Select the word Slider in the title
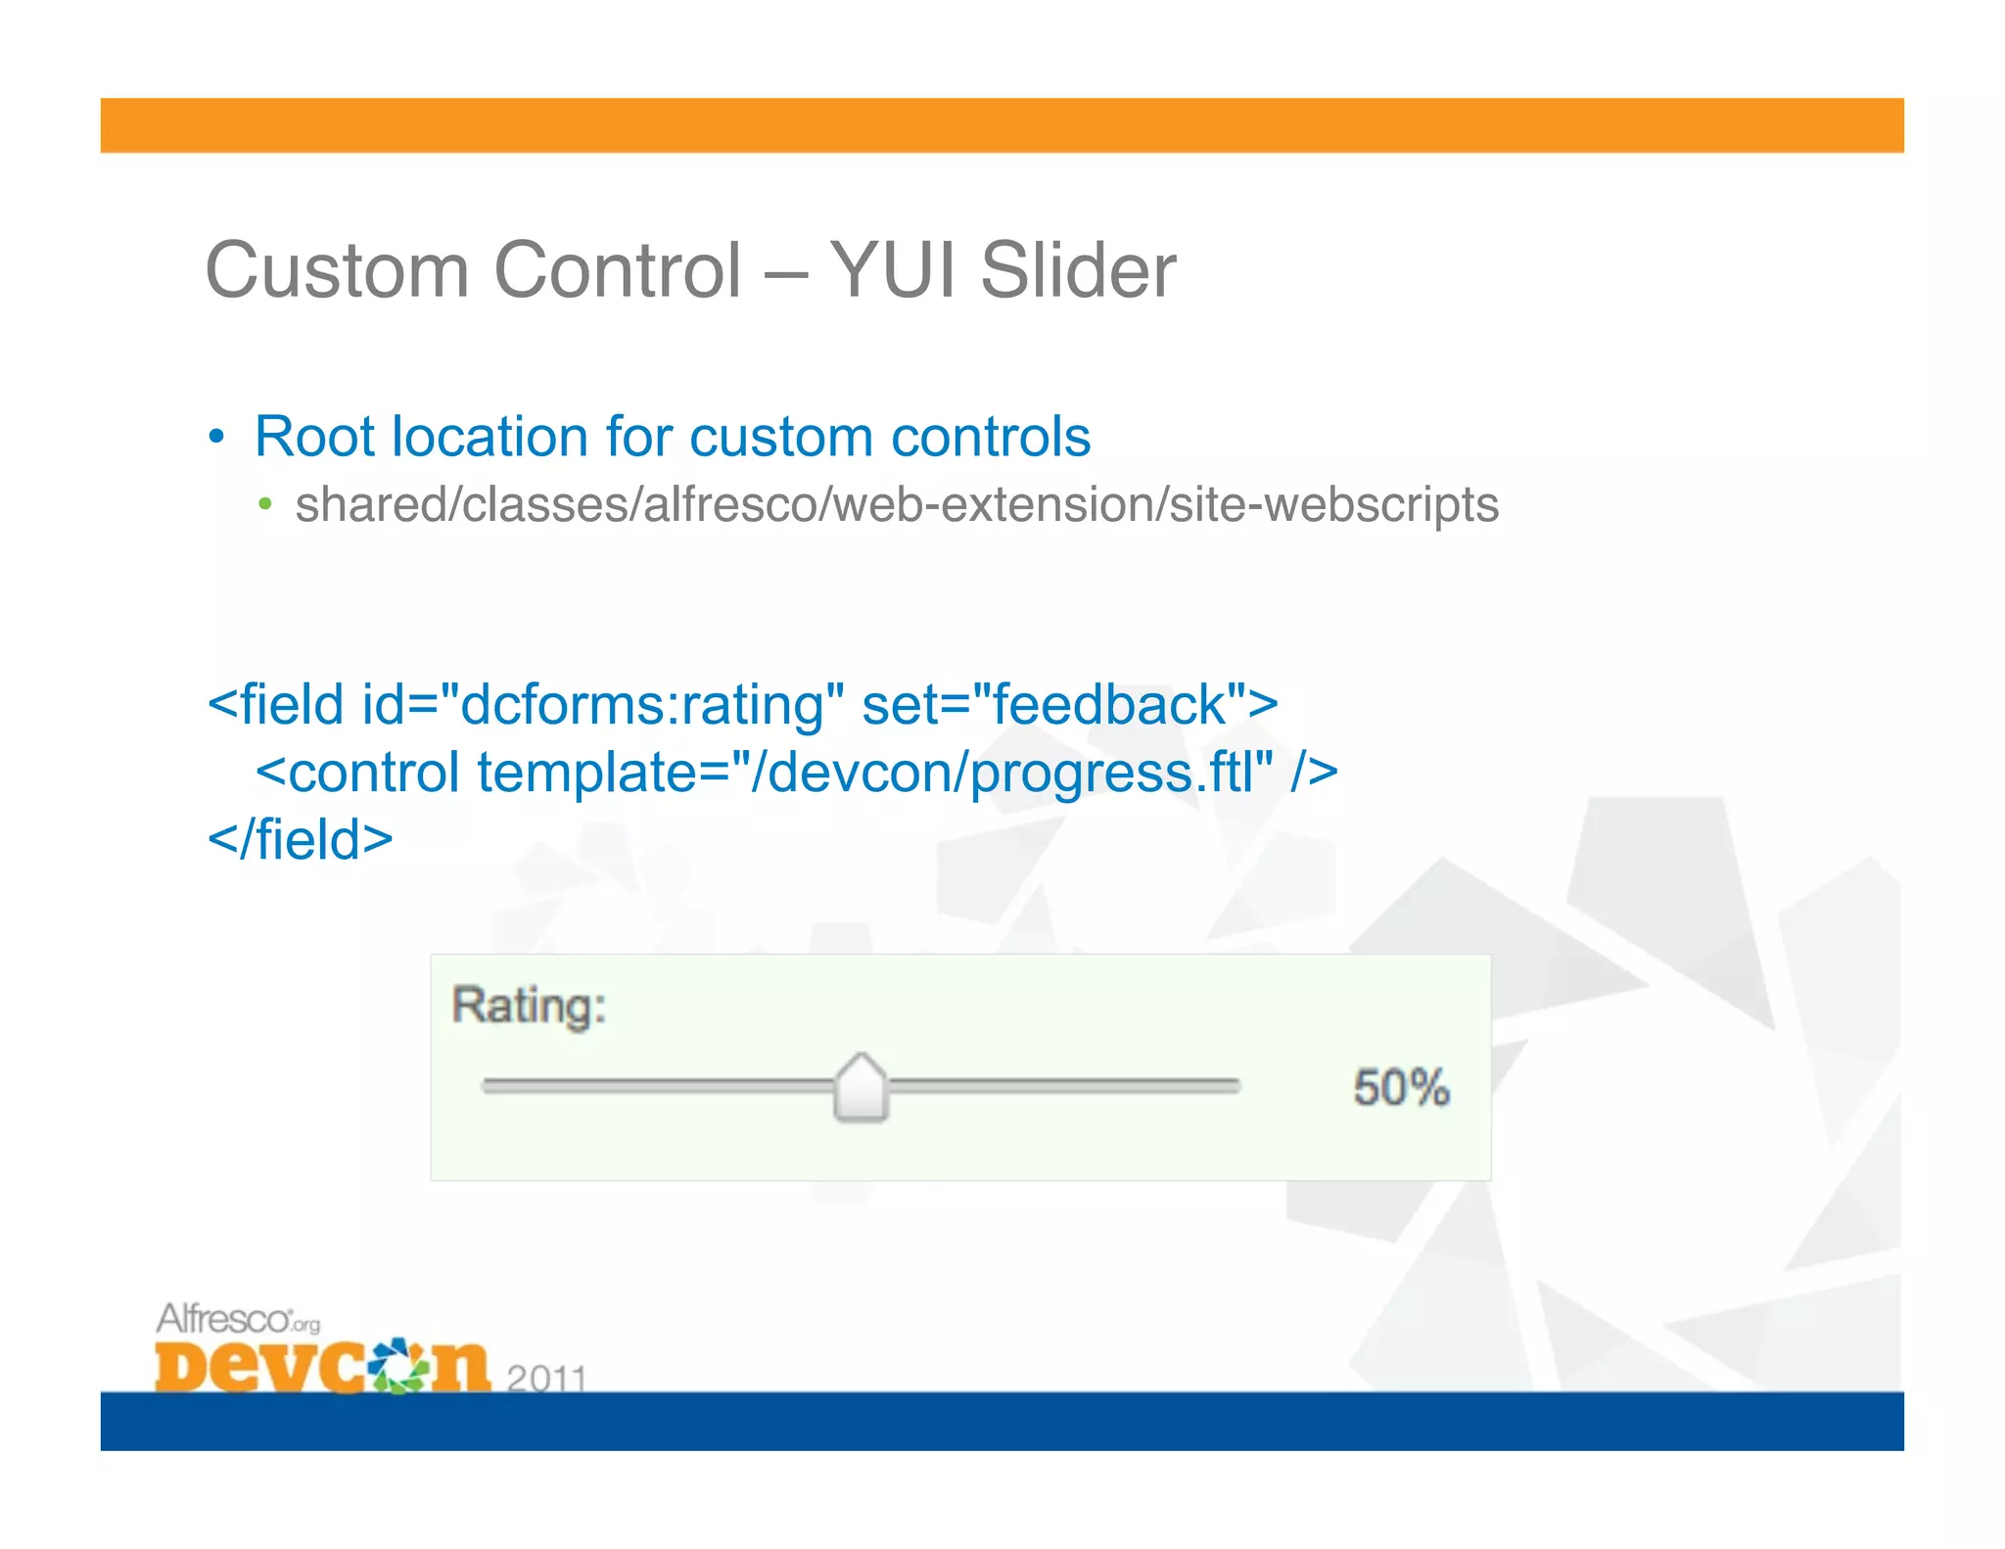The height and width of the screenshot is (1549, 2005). pyautogui.click(x=1078, y=270)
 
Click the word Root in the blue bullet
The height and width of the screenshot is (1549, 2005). pyautogui.click(x=313, y=437)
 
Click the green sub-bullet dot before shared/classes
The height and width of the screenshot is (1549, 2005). pyautogui.click(x=264, y=505)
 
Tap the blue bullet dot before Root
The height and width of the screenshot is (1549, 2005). pyautogui.click(x=217, y=437)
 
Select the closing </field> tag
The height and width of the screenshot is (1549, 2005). pyautogui.click(x=301, y=840)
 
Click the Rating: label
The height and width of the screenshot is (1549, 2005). pyautogui.click(x=529, y=1006)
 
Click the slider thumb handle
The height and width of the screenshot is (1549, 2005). pyautogui.click(x=861, y=1088)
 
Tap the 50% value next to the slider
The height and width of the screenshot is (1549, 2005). pyautogui.click(x=1401, y=1088)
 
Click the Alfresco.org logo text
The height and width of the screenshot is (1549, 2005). pyautogui.click(x=238, y=1320)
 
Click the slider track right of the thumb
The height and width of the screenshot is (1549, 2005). pyautogui.click(x=1067, y=1085)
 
